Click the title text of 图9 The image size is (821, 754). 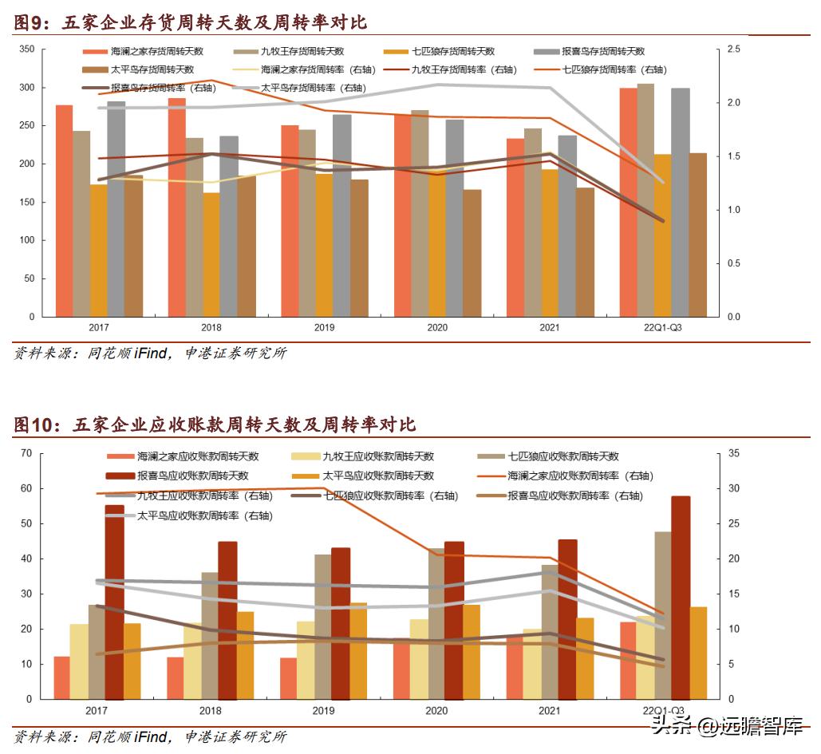191,22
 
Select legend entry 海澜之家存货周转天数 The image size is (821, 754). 156,51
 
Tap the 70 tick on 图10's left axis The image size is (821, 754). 26,453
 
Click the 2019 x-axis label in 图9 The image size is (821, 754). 323,328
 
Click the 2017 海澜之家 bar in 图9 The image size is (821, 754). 64,211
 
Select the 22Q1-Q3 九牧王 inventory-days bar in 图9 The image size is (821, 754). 645,199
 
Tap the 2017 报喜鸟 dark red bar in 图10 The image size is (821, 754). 114,602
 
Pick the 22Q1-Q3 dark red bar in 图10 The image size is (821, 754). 681,598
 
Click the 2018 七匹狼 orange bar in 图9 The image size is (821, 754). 211,255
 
